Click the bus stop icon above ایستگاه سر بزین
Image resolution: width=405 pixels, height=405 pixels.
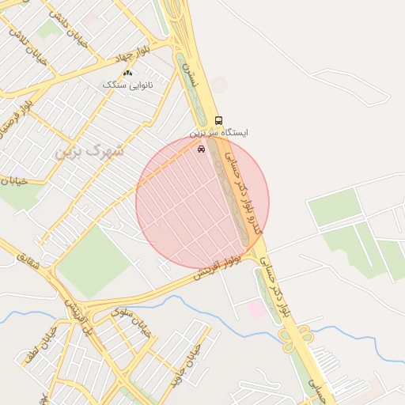tap(219, 121)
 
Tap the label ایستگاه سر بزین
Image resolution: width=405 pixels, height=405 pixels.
tap(219, 133)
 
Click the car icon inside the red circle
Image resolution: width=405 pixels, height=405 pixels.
tap(201, 148)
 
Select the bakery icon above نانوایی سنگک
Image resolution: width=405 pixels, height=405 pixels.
tap(127, 73)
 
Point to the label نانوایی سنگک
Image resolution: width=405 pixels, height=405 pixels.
tap(127, 83)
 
